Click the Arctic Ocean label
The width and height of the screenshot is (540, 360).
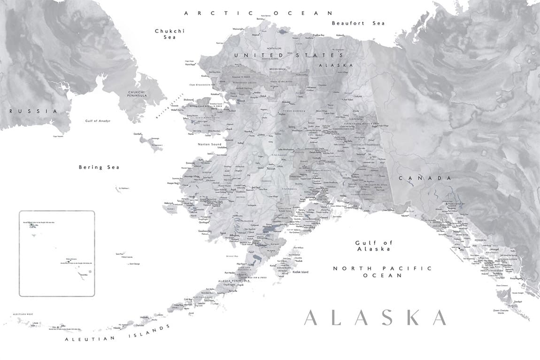(x=258, y=13)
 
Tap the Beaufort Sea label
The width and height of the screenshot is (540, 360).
(x=358, y=23)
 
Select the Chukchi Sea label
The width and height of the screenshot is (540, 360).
(x=170, y=34)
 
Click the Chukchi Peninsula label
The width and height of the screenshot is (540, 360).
(x=134, y=93)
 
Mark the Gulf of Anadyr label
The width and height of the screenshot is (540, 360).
(x=98, y=121)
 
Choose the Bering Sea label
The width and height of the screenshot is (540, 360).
(x=99, y=167)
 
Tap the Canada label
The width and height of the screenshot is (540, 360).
(x=425, y=178)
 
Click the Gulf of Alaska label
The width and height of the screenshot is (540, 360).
(x=373, y=245)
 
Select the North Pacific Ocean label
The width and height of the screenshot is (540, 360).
(x=382, y=272)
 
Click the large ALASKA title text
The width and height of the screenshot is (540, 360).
(x=375, y=318)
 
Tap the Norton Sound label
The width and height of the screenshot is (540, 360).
(x=209, y=144)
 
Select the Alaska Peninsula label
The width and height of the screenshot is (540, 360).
(x=229, y=281)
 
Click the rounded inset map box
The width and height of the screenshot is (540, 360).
(x=57, y=253)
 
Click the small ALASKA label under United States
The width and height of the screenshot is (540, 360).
(x=335, y=65)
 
